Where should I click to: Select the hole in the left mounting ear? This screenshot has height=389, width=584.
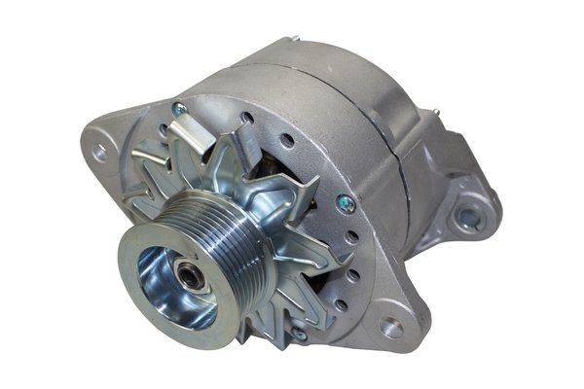98,152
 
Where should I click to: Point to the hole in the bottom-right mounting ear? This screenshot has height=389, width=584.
392,328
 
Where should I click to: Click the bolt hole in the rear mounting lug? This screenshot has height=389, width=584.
470,218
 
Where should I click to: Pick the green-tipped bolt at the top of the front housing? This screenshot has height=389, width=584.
178,109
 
